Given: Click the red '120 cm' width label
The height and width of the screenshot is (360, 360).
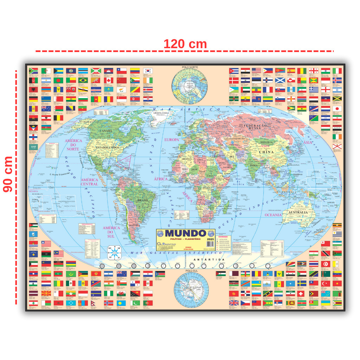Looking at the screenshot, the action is pyautogui.click(x=185, y=44).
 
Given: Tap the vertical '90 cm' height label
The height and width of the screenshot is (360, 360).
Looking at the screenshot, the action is pyautogui.click(x=8, y=174).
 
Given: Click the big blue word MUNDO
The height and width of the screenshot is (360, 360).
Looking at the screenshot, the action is pyautogui.click(x=185, y=233).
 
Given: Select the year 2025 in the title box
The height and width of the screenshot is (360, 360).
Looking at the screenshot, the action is pyautogui.click(x=210, y=239).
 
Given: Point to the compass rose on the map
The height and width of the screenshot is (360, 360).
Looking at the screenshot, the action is pyautogui.click(x=114, y=252).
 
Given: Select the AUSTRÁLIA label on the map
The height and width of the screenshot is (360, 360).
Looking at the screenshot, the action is pyautogui.click(x=297, y=212).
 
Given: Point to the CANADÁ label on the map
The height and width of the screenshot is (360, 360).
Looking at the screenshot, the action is pyautogui.click(x=106, y=131).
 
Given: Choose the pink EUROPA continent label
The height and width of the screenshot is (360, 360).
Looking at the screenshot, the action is pyautogui.click(x=172, y=140).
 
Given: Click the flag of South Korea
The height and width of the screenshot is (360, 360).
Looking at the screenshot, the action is pyautogui.click(x=148, y=71).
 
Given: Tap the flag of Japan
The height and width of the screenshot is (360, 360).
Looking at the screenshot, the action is pyautogui.click(x=337, y=109).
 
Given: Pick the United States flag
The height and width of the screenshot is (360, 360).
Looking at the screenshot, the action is pyautogui.click(x=256, y=71).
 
